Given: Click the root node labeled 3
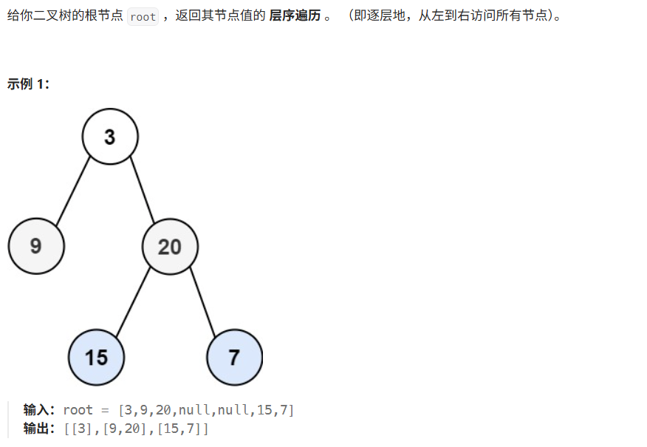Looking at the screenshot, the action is click(x=110, y=137).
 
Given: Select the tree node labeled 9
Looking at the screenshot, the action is click(x=36, y=246).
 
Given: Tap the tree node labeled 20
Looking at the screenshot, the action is click(x=170, y=246).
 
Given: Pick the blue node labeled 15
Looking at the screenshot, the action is click(x=96, y=358).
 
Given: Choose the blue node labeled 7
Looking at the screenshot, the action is click(x=234, y=358).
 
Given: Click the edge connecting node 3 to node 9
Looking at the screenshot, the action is click(x=73, y=191).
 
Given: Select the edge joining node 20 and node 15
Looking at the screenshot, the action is click(x=133, y=303).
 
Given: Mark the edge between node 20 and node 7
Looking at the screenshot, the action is click(x=202, y=303).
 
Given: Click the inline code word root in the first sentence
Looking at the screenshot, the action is click(x=143, y=16).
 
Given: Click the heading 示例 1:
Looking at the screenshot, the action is click(x=28, y=83).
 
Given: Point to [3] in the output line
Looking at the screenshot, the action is click(x=78, y=428).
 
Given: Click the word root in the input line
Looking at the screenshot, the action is click(x=78, y=410).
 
